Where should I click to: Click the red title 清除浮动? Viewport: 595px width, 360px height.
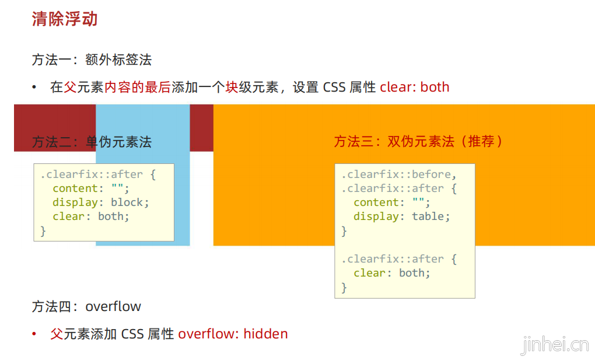(64, 19)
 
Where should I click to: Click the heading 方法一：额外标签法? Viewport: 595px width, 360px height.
(92, 60)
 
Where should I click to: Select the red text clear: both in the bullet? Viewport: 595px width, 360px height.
(414, 88)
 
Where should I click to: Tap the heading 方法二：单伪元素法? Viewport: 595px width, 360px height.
(92, 142)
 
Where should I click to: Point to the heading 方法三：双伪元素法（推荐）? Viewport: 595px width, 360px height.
(418, 142)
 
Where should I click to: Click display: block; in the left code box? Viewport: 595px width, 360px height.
(101, 202)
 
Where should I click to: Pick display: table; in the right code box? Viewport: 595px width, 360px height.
(402, 216)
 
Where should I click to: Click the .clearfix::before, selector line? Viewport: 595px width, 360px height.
(399, 174)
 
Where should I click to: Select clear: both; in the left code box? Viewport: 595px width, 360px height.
(90, 216)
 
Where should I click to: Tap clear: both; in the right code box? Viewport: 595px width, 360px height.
(391, 273)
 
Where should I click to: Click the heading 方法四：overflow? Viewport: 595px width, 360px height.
(86, 306)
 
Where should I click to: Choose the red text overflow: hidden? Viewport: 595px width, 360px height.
(233, 334)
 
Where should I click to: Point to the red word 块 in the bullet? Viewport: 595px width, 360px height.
(232, 88)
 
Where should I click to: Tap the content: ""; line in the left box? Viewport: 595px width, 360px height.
(90, 188)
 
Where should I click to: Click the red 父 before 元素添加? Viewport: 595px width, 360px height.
(57, 334)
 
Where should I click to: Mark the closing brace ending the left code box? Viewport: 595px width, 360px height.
(43, 231)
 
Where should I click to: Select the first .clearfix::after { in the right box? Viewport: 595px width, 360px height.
(399, 188)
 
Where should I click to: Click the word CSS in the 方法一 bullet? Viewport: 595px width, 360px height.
(334, 88)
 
